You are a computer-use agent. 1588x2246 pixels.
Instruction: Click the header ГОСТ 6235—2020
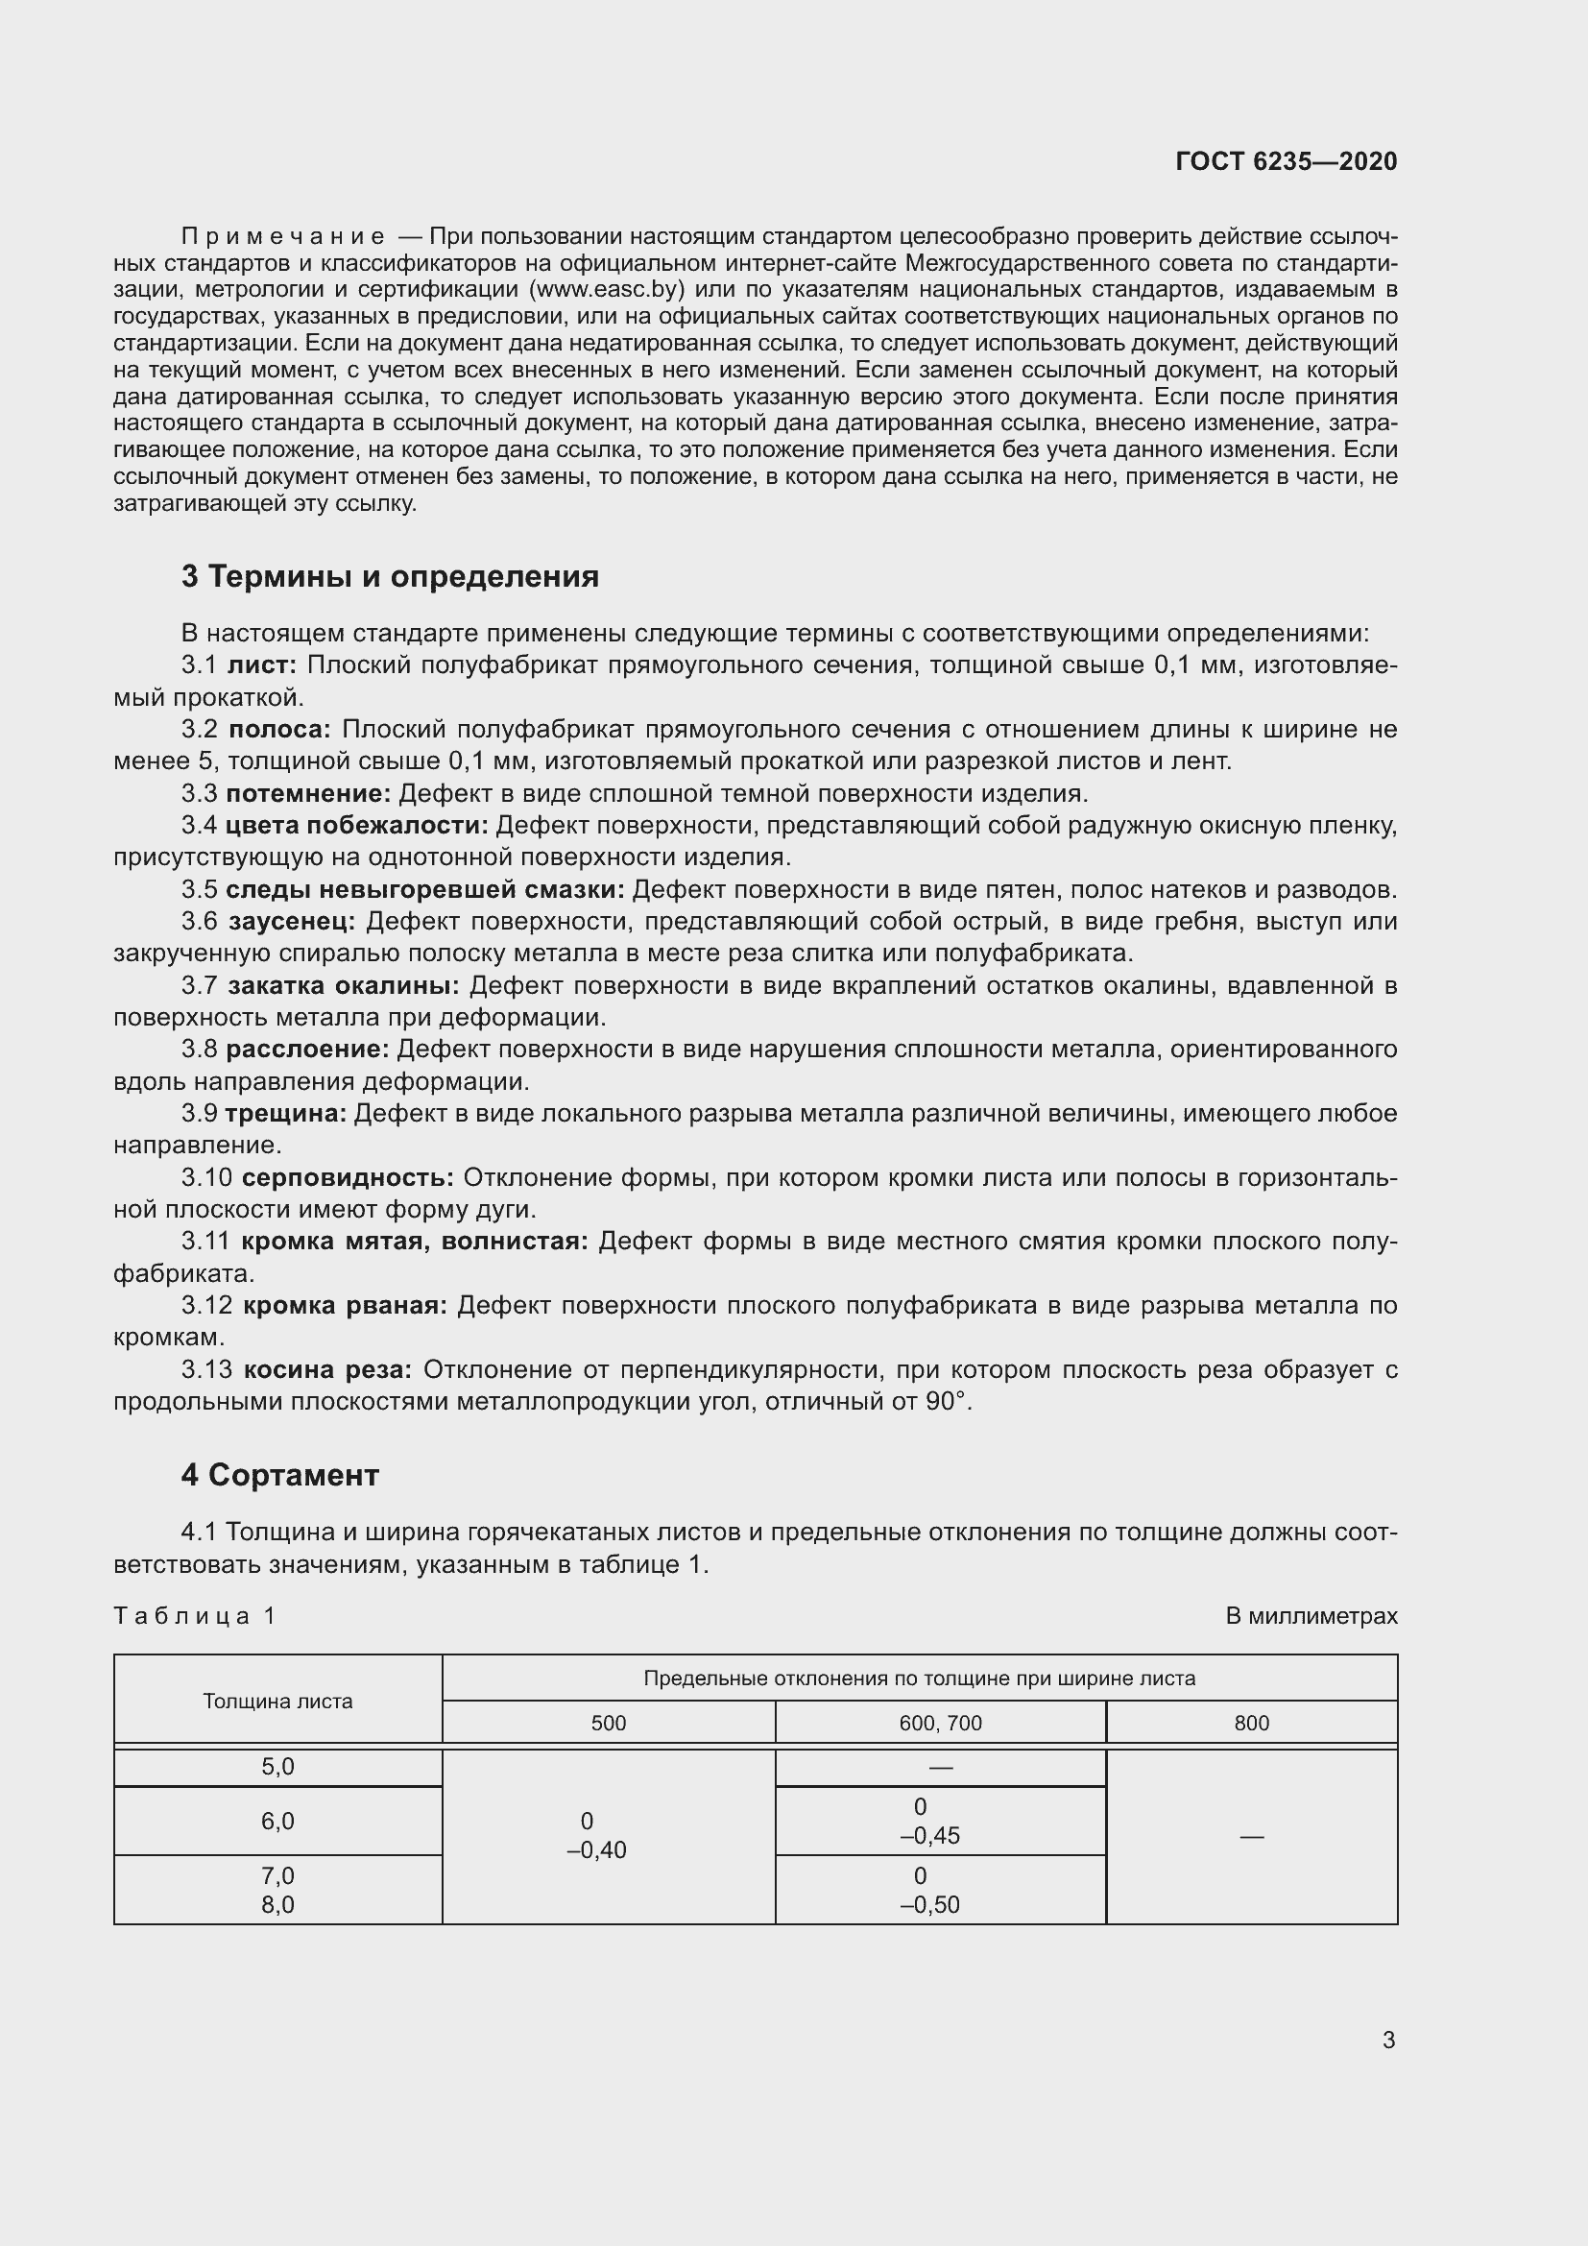(x=1286, y=161)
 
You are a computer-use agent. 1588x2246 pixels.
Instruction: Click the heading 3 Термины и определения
(x=389, y=576)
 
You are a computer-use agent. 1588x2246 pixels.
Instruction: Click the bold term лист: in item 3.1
(x=261, y=665)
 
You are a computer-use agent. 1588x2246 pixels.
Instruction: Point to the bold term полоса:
(x=279, y=729)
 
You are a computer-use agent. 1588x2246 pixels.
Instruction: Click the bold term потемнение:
(x=308, y=793)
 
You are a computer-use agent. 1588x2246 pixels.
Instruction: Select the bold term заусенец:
(x=293, y=922)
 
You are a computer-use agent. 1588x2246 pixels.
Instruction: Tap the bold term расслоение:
(x=307, y=1050)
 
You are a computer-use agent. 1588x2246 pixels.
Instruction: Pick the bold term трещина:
(x=285, y=1113)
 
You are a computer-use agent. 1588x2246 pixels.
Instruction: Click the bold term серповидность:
(x=348, y=1178)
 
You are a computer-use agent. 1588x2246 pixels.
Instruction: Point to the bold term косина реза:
(x=327, y=1369)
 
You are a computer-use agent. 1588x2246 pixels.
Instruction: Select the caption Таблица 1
(x=195, y=1615)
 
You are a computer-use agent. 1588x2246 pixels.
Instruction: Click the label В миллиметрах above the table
(x=1311, y=1616)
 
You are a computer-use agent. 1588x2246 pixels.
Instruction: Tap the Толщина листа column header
(x=277, y=1701)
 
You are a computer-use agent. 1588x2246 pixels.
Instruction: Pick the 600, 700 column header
(x=940, y=1723)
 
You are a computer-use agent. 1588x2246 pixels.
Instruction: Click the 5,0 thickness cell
(x=277, y=1767)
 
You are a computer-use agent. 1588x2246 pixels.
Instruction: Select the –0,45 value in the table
(x=930, y=1835)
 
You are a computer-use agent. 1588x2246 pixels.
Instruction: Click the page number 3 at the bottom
(x=1387, y=2040)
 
